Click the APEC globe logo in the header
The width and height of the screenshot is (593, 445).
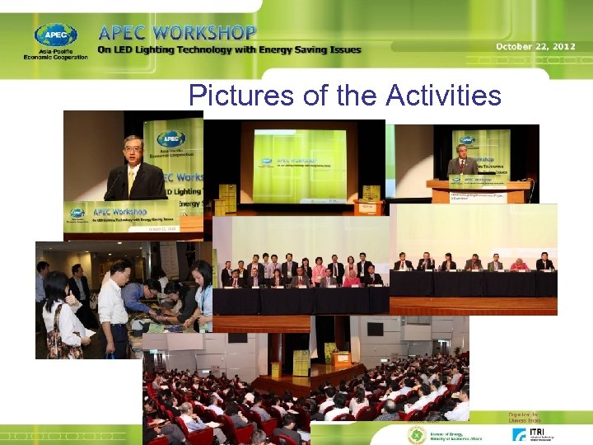[55, 35]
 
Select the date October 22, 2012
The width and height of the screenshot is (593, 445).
[535, 46]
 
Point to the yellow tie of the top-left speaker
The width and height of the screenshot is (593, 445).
[131, 180]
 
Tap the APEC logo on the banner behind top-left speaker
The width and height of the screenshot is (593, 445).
[170, 139]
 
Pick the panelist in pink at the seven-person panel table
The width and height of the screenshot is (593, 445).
[521, 265]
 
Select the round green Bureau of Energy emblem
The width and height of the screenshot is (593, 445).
[416, 435]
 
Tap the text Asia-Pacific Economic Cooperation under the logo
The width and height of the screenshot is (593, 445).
[55, 57]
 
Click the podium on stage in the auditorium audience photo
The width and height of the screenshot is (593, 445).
[341, 359]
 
